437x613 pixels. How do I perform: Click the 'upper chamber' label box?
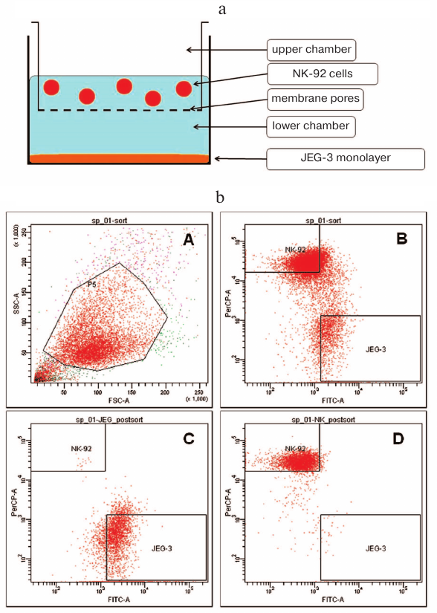pyautogui.click(x=311, y=51)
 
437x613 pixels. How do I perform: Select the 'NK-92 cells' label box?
pyautogui.click(x=321, y=74)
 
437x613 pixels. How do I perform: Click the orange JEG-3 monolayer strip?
pyautogui.click(x=119, y=158)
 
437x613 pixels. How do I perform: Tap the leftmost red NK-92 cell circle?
pyautogui.click(x=51, y=88)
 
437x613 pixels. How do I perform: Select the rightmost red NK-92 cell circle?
pyautogui.click(x=184, y=88)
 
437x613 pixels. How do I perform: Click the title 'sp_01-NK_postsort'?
pyautogui.click(x=324, y=419)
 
